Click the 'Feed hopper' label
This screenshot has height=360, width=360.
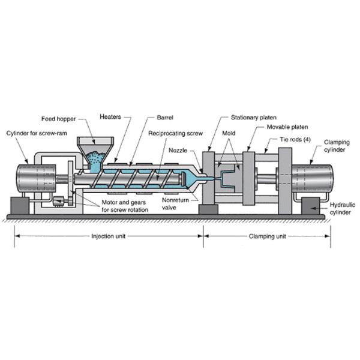(58, 118)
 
